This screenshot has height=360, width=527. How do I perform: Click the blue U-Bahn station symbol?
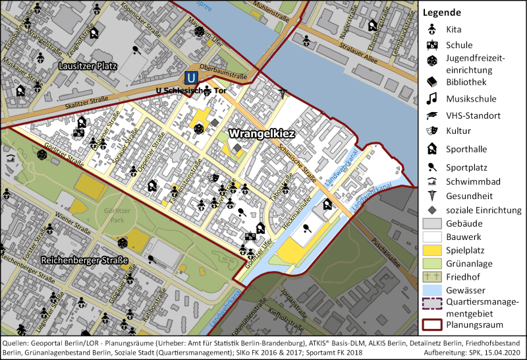(190, 77)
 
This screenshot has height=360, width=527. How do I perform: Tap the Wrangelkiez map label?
(261, 133)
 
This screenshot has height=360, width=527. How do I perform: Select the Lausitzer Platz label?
(87, 67)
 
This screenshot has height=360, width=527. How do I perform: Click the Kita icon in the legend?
(432, 29)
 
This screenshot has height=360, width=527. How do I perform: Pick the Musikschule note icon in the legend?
(432, 99)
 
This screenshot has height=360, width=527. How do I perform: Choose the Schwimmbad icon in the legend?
(432, 180)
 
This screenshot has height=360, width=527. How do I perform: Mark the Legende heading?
(441, 13)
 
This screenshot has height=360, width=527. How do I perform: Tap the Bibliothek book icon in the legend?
(432, 82)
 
